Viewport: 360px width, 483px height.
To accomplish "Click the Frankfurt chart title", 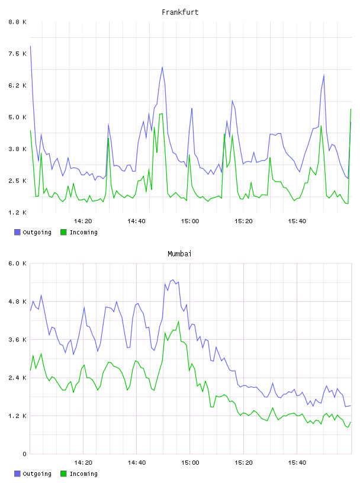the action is click(x=180, y=12).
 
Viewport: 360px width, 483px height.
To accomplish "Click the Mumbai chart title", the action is click(x=179, y=254).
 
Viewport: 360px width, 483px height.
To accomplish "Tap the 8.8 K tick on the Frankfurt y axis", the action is click(x=17, y=22).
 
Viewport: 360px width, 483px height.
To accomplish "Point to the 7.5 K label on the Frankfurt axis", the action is click(x=17, y=54).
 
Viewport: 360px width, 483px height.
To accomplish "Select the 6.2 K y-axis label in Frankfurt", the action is click(x=17, y=86).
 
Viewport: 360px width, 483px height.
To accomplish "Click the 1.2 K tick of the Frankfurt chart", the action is click(x=17, y=212).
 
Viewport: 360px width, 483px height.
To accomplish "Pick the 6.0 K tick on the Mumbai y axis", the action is click(x=17, y=263).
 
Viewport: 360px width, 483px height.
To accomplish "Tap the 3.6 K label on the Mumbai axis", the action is click(x=17, y=340).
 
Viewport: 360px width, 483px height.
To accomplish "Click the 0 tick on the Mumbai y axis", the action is click(x=24, y=454).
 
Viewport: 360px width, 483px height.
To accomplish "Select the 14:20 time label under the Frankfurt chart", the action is click(x=83, y=221).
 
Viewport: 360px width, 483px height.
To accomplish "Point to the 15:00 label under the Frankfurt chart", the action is click(x=190, y=221).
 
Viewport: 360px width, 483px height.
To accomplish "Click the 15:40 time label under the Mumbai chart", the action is click(x=297, y=463).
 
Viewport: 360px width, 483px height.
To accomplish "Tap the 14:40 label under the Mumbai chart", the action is click(x=137, y=463).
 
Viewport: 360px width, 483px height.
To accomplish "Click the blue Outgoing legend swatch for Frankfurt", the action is click(x=17, y=232).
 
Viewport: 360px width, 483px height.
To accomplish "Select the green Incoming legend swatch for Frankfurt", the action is click(x=63, y=232).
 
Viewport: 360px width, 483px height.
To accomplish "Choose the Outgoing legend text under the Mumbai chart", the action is click(x=37, y=474).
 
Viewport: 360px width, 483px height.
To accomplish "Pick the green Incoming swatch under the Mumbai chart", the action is click(x=63, y=474).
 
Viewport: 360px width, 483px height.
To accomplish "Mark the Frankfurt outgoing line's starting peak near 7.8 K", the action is click(x=30, y=46).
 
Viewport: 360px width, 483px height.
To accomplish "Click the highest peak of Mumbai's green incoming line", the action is click(x=178, y=321).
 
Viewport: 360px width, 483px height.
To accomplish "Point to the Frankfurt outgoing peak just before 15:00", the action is click(x=162, y=67).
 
